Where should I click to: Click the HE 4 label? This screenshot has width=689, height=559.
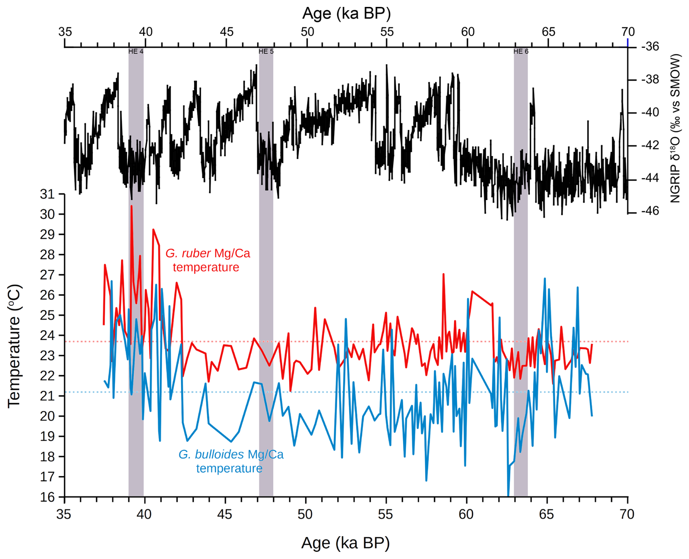coord(135,51)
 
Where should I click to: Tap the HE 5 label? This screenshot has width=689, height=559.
coord(266,51)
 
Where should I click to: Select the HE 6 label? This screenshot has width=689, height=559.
coord(521,51)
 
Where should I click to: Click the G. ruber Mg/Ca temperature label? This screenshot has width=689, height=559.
coord(208,260)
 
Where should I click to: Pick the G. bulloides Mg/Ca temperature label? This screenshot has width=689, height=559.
coord(231,461)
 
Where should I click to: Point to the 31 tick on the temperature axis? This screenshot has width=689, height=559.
coord(47,194)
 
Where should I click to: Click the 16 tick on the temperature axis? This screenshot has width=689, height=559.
coord(47,497)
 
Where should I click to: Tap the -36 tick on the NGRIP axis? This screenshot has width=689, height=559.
coord(650,47)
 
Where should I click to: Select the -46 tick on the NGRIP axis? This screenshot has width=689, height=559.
coord(650,211)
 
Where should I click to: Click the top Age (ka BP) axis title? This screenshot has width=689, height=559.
coord(346,13)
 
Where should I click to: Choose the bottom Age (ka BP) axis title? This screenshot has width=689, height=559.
coord(345,543)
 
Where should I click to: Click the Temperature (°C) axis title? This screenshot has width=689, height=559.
coord(15,346)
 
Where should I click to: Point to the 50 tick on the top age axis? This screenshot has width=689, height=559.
coord(307,32)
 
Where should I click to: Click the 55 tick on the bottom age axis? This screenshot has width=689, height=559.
coord(386,514)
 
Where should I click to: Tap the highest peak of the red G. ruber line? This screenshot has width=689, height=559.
coord(131,206)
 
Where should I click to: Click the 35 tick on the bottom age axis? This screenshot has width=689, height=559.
coord(64,514)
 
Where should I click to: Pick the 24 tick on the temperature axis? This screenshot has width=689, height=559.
coord(47,335)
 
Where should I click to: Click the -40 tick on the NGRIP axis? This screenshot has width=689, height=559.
coord(650,112)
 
